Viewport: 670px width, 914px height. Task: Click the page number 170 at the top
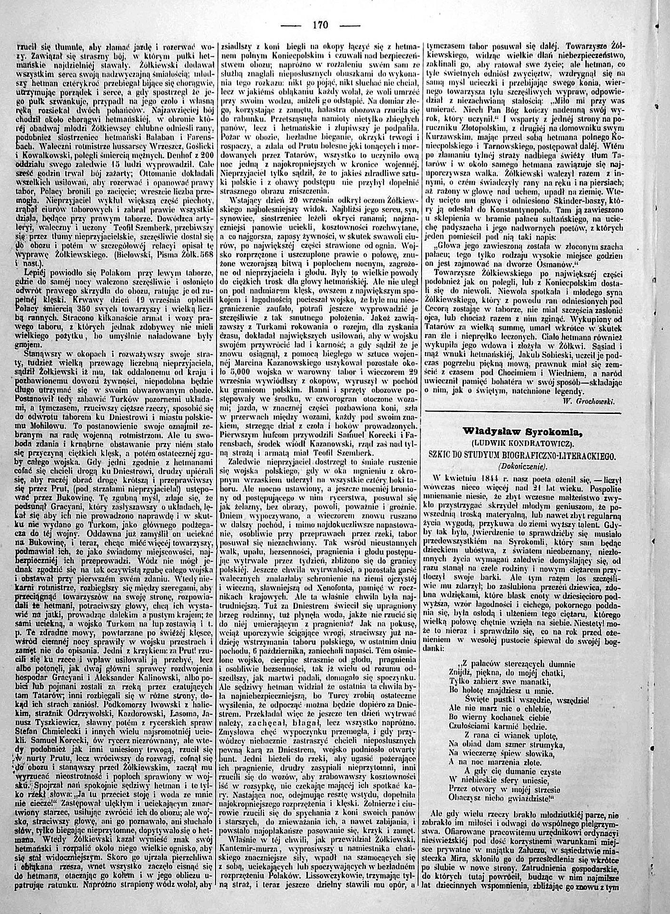coord(320,25)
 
